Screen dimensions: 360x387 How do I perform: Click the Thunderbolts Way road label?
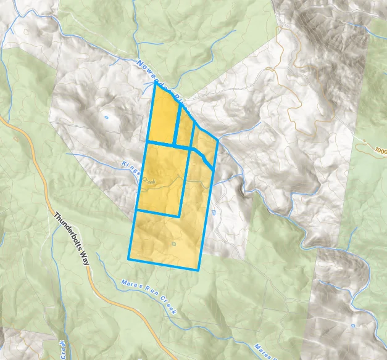[x=72, y=239]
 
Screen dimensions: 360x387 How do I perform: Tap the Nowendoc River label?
[x=159, y=80]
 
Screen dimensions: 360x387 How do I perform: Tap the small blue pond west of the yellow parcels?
[x=106, y=117]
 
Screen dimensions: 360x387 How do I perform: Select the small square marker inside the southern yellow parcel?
[x=173, y=244]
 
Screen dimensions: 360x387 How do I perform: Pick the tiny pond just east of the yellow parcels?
[x=213, y=212]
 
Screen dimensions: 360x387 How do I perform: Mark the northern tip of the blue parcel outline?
[x=154, y=83]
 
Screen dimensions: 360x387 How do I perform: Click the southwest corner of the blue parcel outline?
[x=129, y=258]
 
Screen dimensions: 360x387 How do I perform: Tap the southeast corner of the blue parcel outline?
[x=199, y=270]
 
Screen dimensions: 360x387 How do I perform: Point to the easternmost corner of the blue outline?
[x=218, y=140]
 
